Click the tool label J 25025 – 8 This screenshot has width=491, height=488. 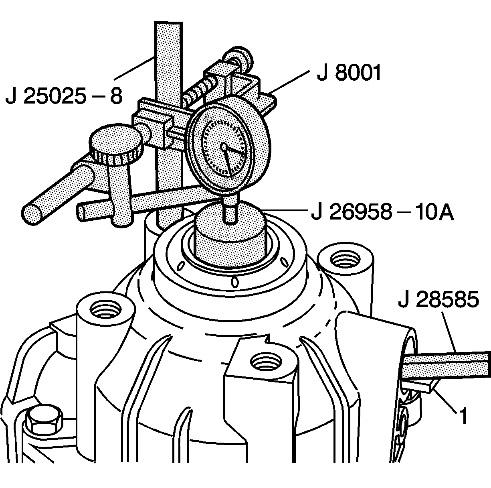64,97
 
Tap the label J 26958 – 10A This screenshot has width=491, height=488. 382,213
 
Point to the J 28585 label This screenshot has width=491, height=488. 438,301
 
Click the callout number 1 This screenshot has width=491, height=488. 463,417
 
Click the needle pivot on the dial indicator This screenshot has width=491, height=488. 224,147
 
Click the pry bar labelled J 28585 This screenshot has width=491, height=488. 445,364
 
